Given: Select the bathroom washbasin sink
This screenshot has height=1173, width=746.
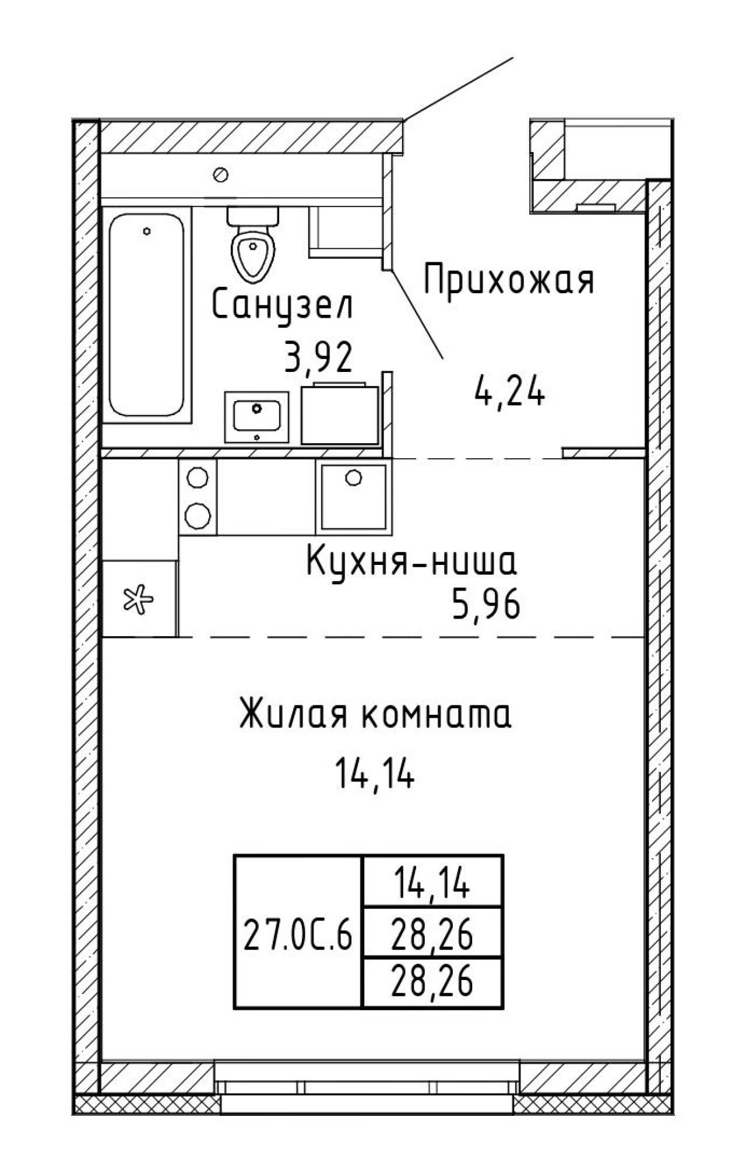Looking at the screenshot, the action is point(256,417).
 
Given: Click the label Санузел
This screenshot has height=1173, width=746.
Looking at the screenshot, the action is point(283,307).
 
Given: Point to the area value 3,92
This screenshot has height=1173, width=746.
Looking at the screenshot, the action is point(318,357).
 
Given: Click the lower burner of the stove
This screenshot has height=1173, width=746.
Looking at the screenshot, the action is point(198,515).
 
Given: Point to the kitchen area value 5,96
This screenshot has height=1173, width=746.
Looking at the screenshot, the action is point(484,607).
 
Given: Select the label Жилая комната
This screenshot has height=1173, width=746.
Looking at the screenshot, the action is point(376,715).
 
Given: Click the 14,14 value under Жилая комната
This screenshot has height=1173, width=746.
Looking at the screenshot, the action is point(374,774).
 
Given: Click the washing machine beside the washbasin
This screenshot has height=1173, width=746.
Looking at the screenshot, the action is point(340,414).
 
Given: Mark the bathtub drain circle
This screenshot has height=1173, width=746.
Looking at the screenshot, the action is point(147,231).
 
